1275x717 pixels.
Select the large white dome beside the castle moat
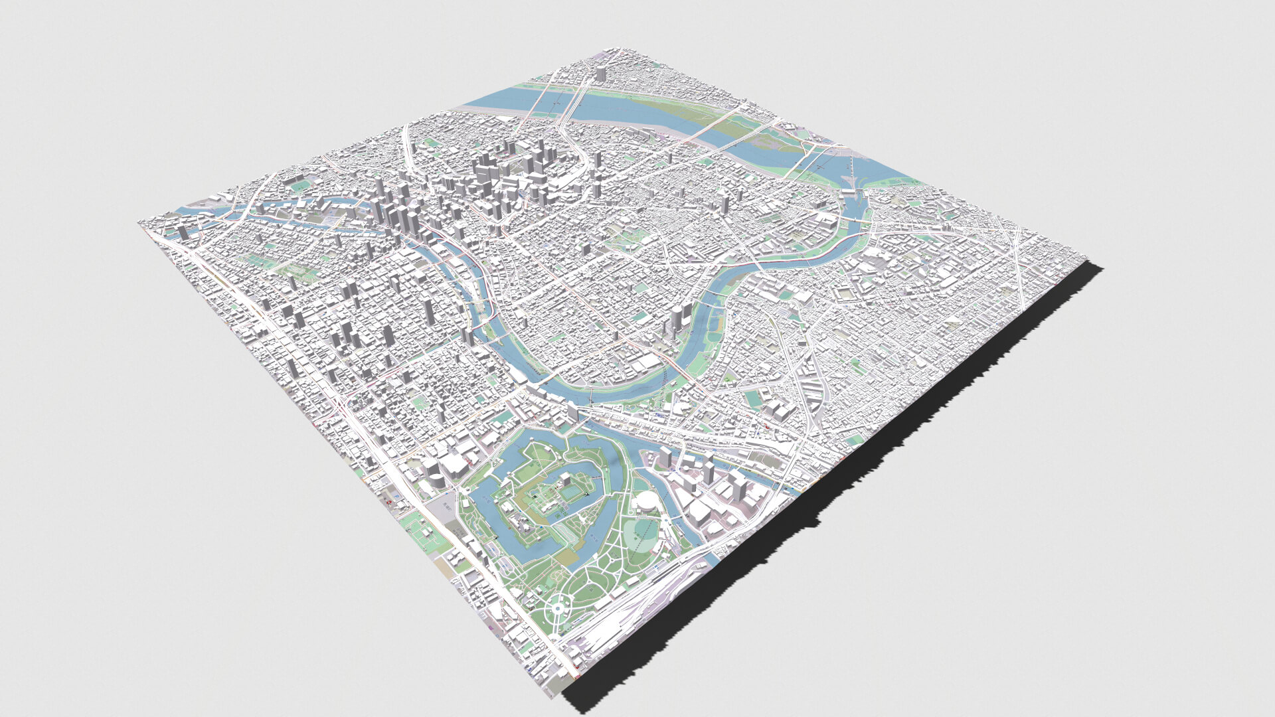643,501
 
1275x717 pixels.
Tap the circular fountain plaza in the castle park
558,606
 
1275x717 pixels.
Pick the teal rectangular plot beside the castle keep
570,493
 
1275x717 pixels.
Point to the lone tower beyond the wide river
600,74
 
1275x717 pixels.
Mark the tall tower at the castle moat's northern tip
572,413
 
